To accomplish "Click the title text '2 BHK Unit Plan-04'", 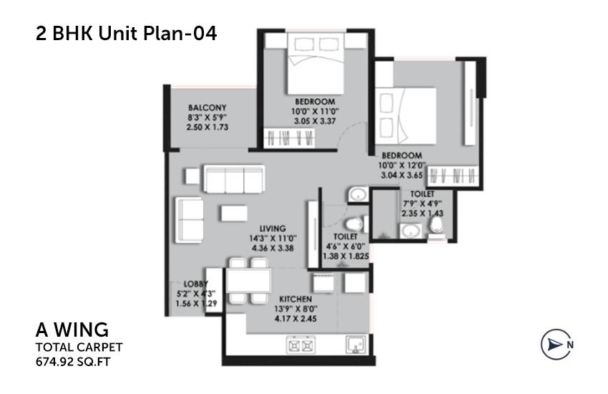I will coord(125,33).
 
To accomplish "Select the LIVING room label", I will coord(273,229).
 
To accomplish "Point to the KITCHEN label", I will coord(295,298).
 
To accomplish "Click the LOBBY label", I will coord(196,284).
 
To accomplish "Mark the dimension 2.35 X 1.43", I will coord(420,213).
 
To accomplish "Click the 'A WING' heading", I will coord(72,330).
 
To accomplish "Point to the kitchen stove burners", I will coord(300,346).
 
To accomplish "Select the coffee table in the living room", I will coord(234,213).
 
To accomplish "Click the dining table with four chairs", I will coord(248,283).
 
